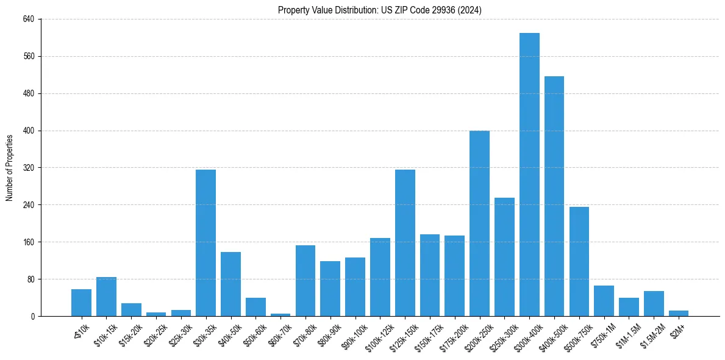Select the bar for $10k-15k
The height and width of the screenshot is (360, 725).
[106, 297]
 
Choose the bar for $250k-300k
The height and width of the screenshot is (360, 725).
[504, 257]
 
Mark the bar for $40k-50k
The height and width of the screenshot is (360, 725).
[230, 284]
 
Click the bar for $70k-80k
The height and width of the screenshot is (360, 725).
[305, 281]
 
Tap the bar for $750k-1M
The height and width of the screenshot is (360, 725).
[604, 301]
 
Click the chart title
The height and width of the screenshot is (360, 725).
[379, 10]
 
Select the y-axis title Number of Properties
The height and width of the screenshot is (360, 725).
[10, 168]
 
